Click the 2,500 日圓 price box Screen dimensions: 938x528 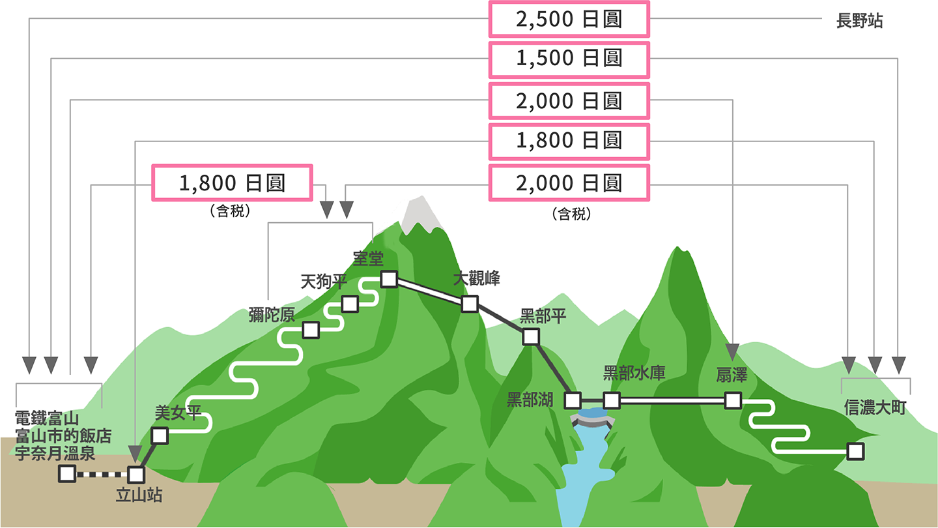tap(569, 20)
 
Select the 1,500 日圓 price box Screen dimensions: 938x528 tap(569, 59)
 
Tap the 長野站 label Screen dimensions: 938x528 tap(859, 21)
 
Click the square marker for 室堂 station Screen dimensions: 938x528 tap(389, 279)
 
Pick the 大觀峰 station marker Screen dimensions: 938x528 tap(470, 304)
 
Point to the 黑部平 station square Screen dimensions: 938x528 tap(531, 336)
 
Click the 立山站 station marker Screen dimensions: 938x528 tap(136, 475)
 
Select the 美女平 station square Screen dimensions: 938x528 tap(160, 435)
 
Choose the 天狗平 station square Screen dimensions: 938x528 tap(350, 304)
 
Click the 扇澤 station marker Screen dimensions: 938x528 tap(733, 401)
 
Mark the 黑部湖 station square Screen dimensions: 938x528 tap(573, 401)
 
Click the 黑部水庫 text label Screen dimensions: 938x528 tap(634, 373)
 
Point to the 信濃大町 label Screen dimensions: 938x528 tap(875, 407)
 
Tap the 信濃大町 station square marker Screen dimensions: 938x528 tap(855, 452)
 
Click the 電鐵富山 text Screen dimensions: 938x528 tap(47, 418)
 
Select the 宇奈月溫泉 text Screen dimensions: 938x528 tap(55, 454)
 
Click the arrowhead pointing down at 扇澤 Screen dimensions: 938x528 tap(732, 352)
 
